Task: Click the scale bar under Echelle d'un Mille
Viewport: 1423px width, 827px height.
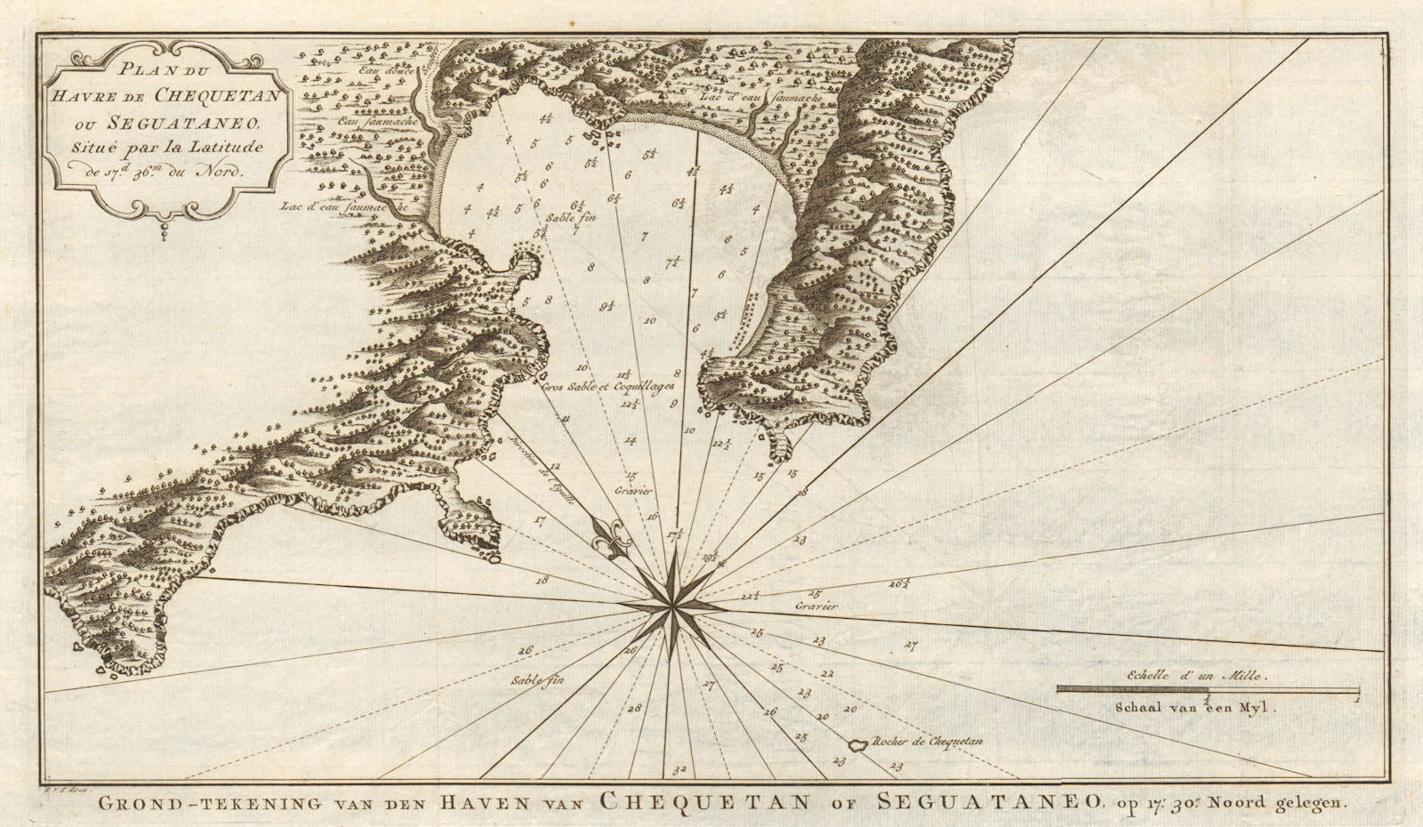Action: (1208, 689)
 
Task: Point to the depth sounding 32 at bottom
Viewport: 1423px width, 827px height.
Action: (680, 769)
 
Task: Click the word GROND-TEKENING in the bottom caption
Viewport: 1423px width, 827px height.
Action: (202, 802)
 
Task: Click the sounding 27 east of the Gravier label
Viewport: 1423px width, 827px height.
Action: (910, 644)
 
